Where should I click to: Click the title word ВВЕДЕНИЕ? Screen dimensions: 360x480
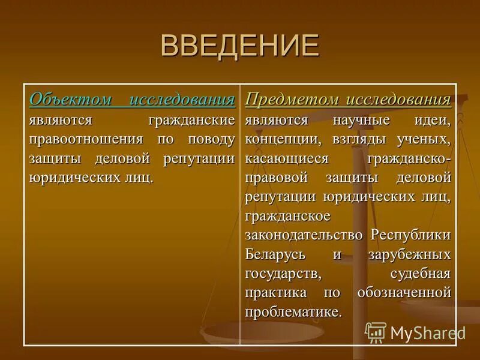click(x=240, y=46)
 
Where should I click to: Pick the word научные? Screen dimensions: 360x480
click(x=362, y=119)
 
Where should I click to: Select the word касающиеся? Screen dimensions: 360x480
click(x=287, y=158)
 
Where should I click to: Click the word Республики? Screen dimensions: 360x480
click(x=410, y=235)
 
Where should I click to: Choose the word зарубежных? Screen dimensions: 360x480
click(x=409, y=254)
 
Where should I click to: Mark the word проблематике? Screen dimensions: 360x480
click(x=293, y=312)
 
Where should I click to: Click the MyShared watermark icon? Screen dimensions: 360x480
click(x=376, y=332)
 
